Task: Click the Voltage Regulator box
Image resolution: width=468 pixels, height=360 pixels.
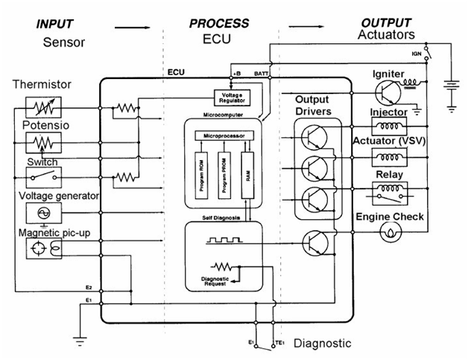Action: tap(232, 97)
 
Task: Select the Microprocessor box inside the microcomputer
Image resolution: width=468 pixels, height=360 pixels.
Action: tap(224, 136)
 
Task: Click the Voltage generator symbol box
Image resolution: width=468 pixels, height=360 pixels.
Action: tap(42, 213)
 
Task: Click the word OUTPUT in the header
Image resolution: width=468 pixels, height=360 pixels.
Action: tap(385, 23)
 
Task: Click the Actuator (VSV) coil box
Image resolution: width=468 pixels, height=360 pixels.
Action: tap(390, 158)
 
